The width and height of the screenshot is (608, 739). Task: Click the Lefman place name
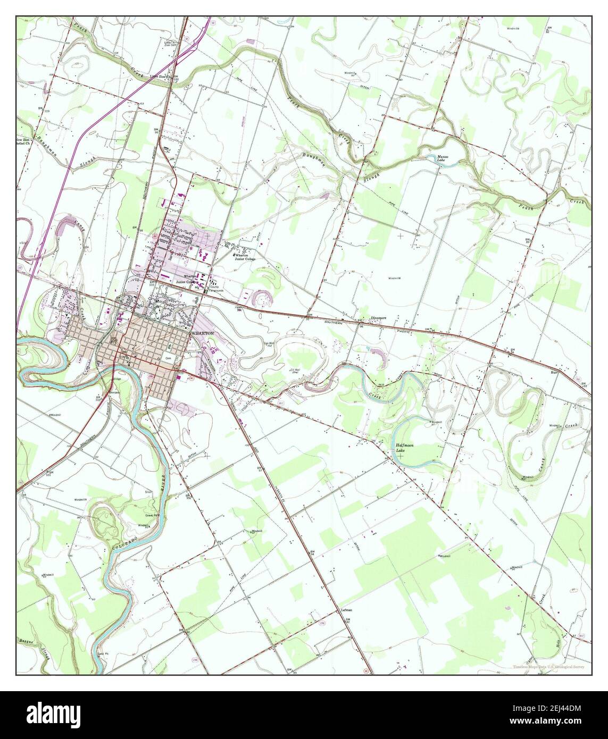(346, 610)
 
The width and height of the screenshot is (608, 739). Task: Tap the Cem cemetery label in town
(168, 359)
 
